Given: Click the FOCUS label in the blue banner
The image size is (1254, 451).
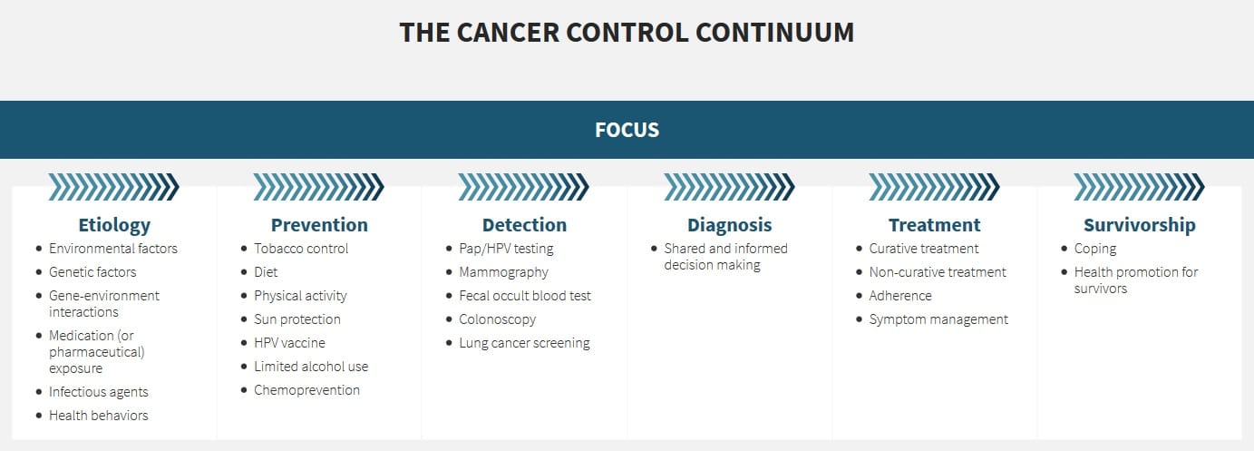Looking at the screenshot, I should [x=627, y=130].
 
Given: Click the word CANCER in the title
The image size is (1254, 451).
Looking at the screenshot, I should [x=506, y=32].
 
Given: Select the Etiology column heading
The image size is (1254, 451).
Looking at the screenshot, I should [x=114, y=225].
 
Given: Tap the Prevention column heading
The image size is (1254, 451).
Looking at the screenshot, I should [x=319, y=225].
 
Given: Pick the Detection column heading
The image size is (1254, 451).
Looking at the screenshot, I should [x=524, y=225].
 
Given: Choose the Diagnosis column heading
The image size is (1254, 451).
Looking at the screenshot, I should [x=729, y=225].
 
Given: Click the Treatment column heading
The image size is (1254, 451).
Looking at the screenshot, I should [x=934, y=225].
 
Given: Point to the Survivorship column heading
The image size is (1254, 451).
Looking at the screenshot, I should [x=1139, y=225].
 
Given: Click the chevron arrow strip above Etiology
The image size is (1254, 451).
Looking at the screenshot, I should [x=114, y=187].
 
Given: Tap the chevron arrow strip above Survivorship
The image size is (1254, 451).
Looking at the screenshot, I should [x=1139, y=187].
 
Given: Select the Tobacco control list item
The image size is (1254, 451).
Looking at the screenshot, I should [x=301, y=249].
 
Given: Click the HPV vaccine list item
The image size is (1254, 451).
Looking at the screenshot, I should [x=289, y=343].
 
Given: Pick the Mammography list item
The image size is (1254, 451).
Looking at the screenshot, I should [x=503, y=272].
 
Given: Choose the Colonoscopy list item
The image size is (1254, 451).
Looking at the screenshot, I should [x=497, y=319].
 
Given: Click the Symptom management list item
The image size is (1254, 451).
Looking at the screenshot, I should [x=938, y=319].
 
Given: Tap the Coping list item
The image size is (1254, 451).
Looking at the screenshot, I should [x=1095, y=249].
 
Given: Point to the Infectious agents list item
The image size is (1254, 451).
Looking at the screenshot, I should [x=99, y=392].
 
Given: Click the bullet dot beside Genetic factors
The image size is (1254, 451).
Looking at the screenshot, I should [x=39, y=272].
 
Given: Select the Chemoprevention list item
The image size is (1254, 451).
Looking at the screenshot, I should [x=306, y=390].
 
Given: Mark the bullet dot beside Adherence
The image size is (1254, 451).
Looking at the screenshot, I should [x=860, y=296].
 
